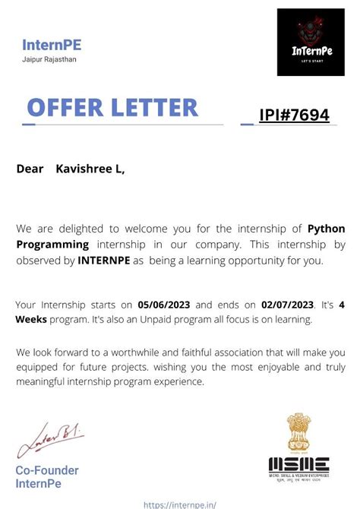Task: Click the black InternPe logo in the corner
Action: click(311, 42)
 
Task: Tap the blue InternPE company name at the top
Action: click(52, 45)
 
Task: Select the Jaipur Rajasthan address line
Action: click(49, 59)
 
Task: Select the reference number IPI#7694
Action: click(295, 115)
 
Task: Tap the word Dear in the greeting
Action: click(30, 169)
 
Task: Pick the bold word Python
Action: click(326, 229)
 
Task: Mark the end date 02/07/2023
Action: click(287, 305)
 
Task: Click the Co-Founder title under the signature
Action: click(47, 470)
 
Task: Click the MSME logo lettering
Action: click(298, 463)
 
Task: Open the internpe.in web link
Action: click(180, 503)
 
